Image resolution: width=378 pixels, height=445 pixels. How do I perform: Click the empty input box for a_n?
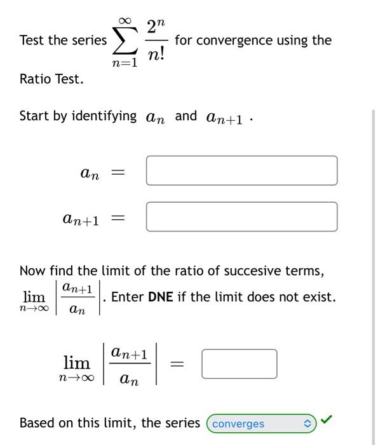click(241, 170)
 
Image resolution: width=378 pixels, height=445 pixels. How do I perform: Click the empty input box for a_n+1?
click(241, 217)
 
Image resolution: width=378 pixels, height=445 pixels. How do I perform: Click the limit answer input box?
click(240, 364)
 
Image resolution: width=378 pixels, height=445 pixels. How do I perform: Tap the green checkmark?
click(326, 420)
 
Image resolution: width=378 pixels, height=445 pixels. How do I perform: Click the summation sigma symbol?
click(125, 41)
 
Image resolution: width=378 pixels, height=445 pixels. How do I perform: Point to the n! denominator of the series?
click(156, 55)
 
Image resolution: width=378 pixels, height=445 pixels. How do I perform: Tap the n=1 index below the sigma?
click(125, 64)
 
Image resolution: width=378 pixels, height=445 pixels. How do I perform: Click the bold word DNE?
click(161, 297)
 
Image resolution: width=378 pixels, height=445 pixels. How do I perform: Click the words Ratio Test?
click(51, 79)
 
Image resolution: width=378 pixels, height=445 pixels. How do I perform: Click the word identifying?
click(104, 116)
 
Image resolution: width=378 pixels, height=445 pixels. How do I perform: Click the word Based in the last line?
click(37, 423)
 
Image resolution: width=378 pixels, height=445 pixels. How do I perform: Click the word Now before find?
click(32, 271)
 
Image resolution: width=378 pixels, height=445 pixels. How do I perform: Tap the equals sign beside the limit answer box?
click(178, 364)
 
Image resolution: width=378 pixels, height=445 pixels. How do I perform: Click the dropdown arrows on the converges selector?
click(307, 423)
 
